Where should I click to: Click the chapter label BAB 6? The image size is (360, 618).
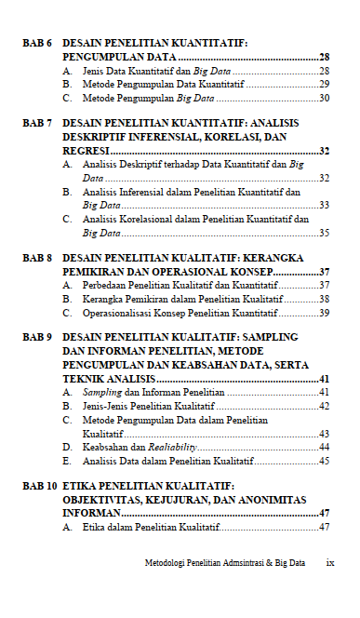[x=37, y=43]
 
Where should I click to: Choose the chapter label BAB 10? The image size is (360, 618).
[x=40, y=486]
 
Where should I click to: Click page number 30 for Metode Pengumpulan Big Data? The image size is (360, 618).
[x=324, y=98]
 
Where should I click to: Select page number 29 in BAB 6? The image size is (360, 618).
[x=324, y=84]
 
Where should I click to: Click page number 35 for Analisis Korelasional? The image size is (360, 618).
[x=324, y=234]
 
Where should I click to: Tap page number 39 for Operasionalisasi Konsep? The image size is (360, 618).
[x=324, y=314]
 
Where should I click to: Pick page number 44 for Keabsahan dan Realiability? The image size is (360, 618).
[x=324, y=448]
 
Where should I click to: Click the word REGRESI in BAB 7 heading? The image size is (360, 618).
[x=86, y=151]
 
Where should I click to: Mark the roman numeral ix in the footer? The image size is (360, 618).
[x=329, y=564]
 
